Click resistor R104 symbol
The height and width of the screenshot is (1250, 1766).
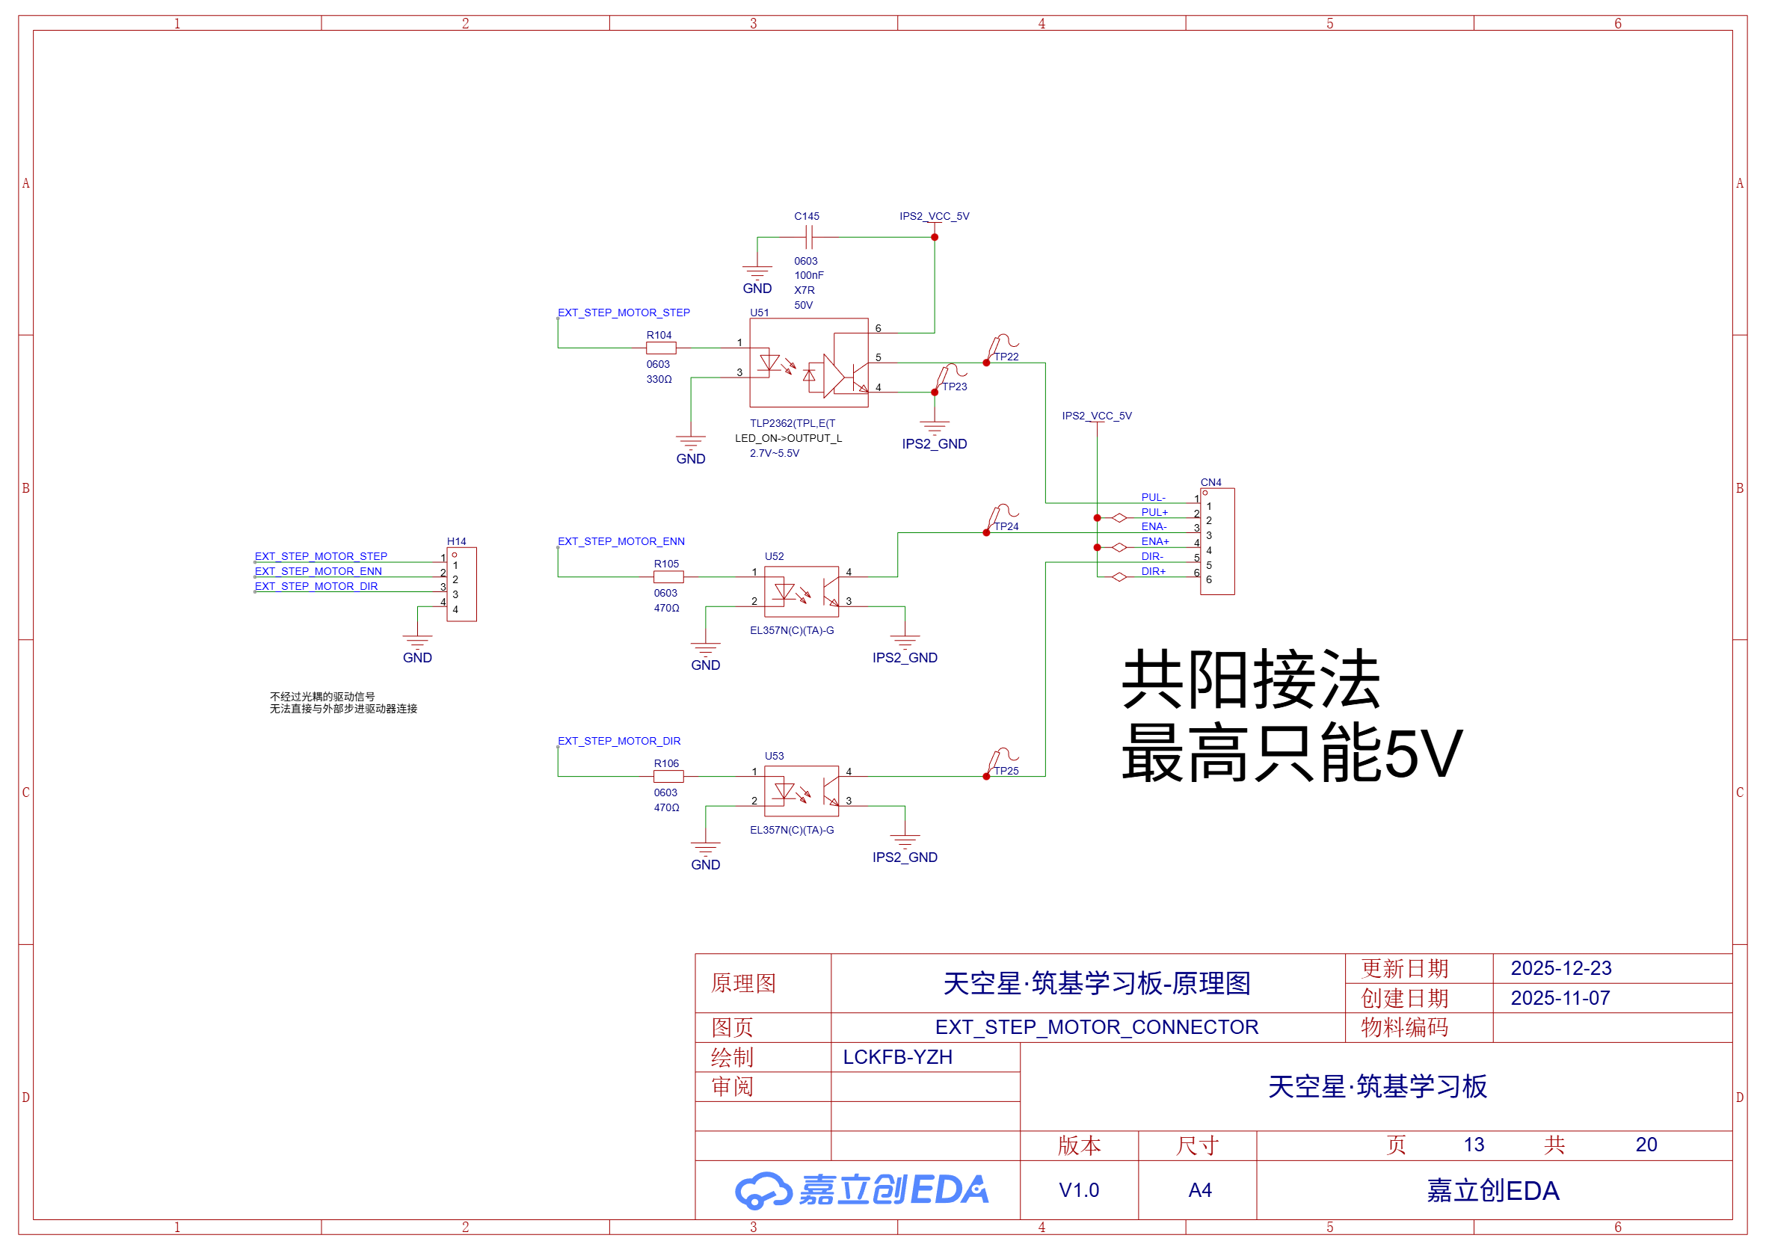(x=660, y=348)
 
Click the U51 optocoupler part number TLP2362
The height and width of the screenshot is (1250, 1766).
(x=793, y=423)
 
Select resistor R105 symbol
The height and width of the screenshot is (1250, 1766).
(x=668, y=576)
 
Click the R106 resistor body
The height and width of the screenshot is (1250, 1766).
(x=668, y=776)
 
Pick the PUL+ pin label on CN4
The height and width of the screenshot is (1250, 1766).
(x=1154, y=512)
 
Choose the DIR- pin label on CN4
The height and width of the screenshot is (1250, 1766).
(x=1151, y=556)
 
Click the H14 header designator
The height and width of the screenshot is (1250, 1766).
(x=457, y=541)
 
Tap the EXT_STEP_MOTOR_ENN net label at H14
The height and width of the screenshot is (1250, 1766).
(x=318, y=571)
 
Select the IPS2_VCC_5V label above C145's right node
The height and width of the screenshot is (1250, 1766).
(x=934, y=216)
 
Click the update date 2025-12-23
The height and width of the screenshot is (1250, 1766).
(x=1560, y=968)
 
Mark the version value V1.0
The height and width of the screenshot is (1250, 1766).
(x=1079, y=1190)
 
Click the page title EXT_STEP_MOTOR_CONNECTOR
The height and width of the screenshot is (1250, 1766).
(x=1096, y=1026)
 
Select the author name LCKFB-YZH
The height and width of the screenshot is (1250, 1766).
(x=898, y=1057)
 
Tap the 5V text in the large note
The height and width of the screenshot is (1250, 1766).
(x=1424, y=754)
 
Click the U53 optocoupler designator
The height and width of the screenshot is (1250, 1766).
(x=774, y=756)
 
